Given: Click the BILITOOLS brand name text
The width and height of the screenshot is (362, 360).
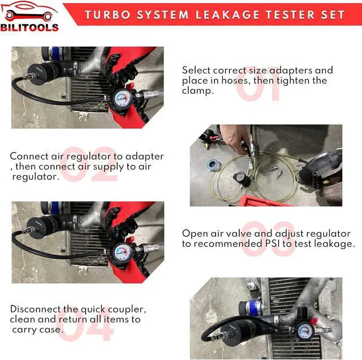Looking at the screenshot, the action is coord(29,28).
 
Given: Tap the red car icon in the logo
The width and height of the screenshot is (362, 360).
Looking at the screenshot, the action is coord(29,11).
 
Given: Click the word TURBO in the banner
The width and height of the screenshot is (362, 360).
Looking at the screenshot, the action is coord(108,15).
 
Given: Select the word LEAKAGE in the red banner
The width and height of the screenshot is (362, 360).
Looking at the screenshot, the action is coord(227,15).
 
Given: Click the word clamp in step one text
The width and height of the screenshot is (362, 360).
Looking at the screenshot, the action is coord(196,91).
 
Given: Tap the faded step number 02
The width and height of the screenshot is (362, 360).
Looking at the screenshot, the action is coord(89,164).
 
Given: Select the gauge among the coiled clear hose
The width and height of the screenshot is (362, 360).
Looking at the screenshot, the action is coord(241,178).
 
